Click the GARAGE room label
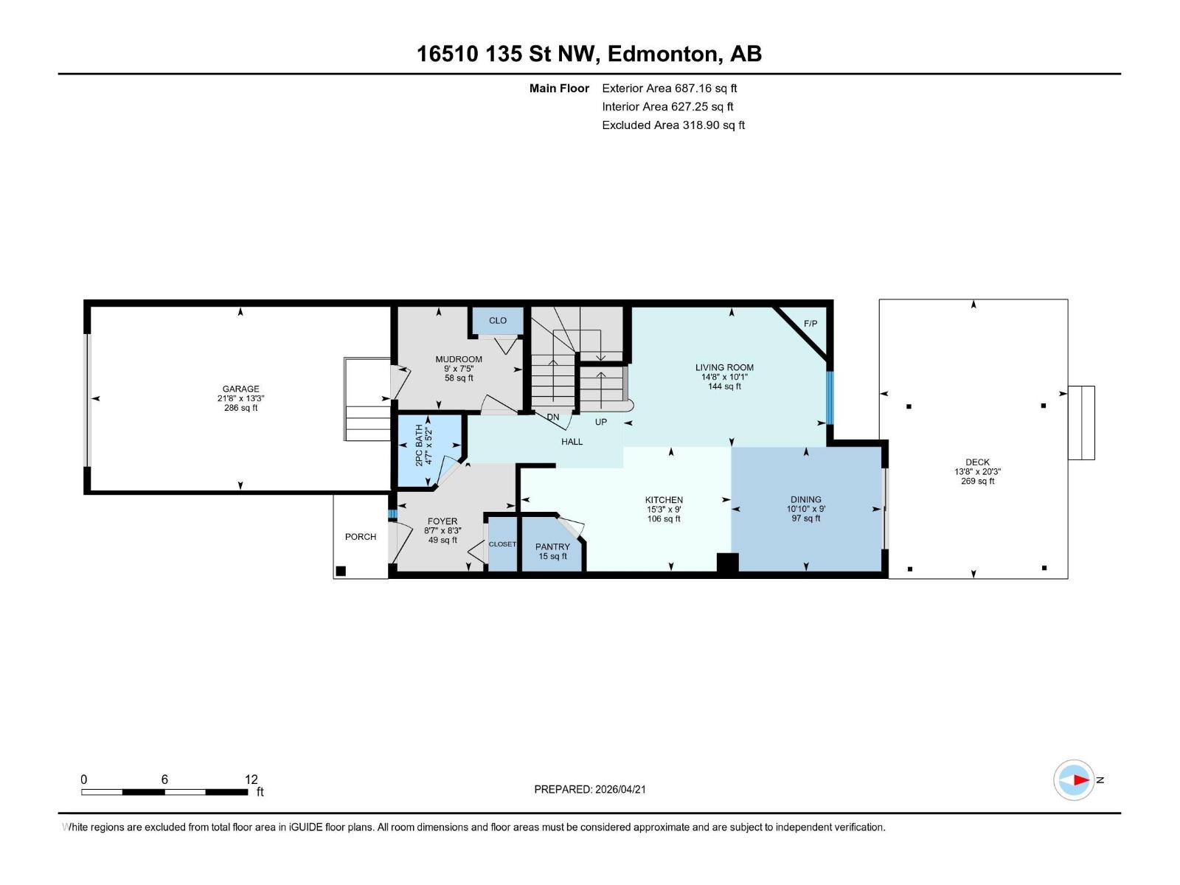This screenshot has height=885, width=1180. [241, 389]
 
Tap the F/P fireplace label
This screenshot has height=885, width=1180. [811, 324]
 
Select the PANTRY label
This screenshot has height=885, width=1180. [552, 546]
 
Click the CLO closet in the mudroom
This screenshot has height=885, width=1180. [498, 320]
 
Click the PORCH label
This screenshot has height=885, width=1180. [361, 537]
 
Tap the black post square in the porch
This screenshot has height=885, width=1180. [341, 571]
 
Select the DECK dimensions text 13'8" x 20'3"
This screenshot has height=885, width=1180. [977, 472]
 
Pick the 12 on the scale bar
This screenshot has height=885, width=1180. [251, 780]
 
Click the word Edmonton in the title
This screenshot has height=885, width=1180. [663, 54]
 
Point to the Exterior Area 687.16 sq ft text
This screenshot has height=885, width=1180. [669, 88]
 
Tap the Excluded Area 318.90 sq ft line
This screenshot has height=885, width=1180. [673, 125]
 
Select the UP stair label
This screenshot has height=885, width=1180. [601, 422]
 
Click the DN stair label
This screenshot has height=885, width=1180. [553, 417]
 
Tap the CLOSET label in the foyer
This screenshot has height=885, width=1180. [502, 544]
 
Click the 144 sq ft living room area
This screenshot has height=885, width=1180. [724, 386]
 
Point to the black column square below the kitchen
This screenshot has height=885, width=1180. [727, 563]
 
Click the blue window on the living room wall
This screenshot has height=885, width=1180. [829, 398]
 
